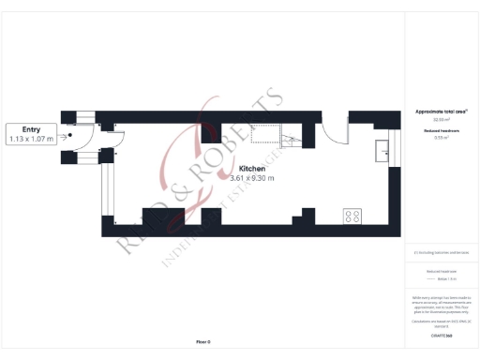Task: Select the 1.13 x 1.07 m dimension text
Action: [x=30, y=139]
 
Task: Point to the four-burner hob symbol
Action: [x=353, y=216]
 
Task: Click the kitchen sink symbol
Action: [x=384, y=149]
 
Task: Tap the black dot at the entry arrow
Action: [x=69, y=135]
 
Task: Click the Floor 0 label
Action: [x=202, y=342]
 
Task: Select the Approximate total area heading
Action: [x=441, y=112]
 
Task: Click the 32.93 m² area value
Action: [x=441, y=120]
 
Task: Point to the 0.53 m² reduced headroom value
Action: [x=441, y=138]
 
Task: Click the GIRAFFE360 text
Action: [x=441, y=335]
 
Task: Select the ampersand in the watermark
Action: [x=183, y=193]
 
